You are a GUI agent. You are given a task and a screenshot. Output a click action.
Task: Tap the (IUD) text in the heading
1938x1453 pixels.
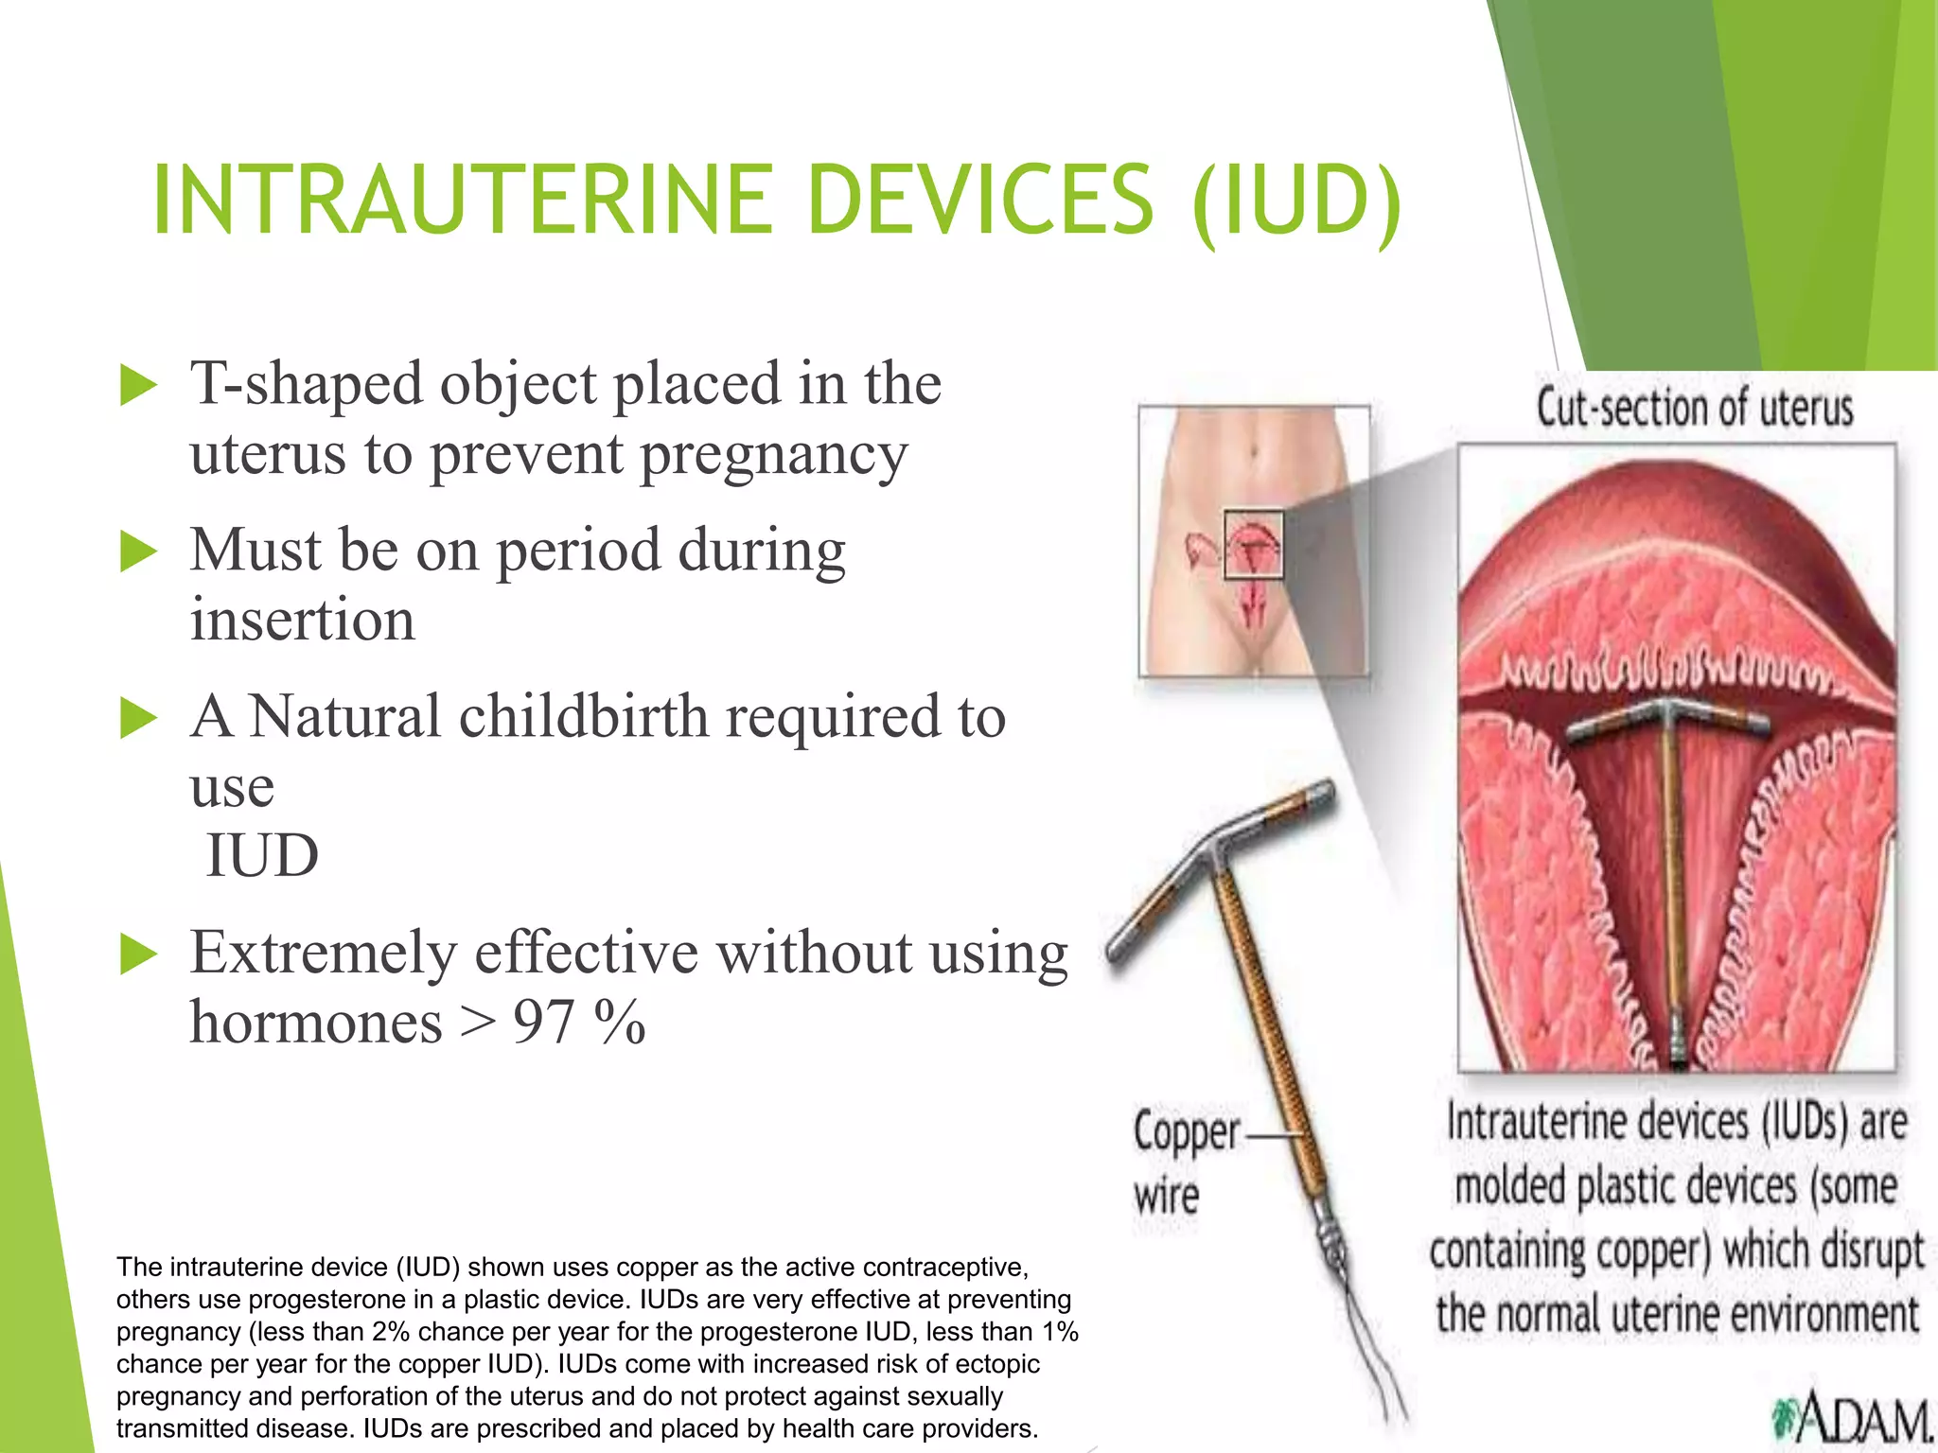pyautogui.click(x=1296, y=202)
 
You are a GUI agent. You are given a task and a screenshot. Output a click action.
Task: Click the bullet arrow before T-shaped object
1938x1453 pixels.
pyautogui.click(x=139, y=387)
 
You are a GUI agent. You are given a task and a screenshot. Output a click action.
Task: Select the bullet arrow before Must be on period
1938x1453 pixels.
pyautogui.click(x=139, y=552)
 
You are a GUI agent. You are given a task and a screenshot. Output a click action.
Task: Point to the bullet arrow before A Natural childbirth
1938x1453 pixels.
pyautogui.click(x=139, y=719)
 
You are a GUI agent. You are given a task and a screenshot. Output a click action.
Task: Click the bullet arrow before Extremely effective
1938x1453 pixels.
pyautogui.click(x=139, y=954)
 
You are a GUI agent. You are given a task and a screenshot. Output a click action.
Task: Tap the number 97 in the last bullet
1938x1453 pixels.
pyautogui.click(x=543, y=1023)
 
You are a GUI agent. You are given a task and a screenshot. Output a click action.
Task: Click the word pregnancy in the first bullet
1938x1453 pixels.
pyautogui.click(x=773, y=455)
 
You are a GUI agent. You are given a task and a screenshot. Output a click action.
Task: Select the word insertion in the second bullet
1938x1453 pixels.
pyautogui.click(x=302, y=621)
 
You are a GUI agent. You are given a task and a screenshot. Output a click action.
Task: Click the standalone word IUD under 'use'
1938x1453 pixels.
pyautogui.click(x=262, y=856)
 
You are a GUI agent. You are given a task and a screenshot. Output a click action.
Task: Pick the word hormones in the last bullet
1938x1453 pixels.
pyautogui.click(x=316, y=1023)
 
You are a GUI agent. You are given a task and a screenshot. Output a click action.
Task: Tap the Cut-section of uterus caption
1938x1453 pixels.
pyautogui.click(x=1694, y=409)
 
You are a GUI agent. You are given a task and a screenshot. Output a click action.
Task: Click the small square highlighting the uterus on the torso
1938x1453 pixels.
pyautogui.click(x=1254, y=544)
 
